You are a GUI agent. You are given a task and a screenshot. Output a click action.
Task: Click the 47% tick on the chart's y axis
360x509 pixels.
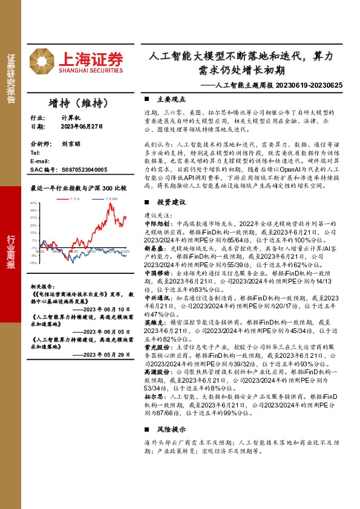[x=34, y=203]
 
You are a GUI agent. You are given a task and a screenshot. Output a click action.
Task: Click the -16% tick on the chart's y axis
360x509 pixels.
[x=34, y=262]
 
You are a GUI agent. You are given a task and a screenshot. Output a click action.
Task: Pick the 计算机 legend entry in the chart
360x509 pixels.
[x=74, y=198]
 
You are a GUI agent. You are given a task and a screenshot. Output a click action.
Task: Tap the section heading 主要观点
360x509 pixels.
[x=168, y=99]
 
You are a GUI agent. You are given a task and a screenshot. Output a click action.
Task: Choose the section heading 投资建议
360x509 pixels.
[x=168, y=218]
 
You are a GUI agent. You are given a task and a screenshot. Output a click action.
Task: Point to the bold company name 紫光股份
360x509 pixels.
[x=155, y=347]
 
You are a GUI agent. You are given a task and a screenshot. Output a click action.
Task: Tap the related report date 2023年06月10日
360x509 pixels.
[x=105, y=309]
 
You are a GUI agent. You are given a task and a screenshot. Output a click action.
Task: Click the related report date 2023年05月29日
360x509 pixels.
[x=105, y=355]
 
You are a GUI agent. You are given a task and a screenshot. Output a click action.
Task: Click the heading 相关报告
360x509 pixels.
[x=43, y=287]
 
